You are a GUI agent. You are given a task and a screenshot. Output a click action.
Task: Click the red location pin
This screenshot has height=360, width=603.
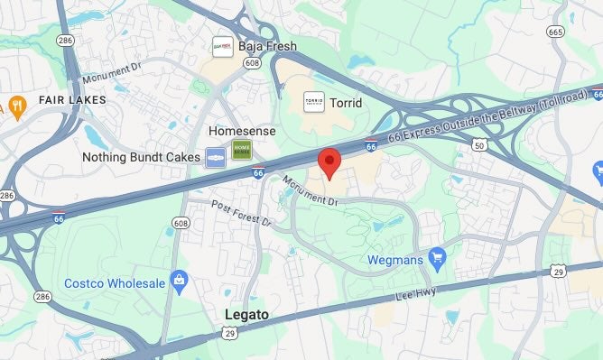[329, 162]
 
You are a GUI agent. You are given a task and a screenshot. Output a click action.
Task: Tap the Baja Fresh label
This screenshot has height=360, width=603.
[267, 46]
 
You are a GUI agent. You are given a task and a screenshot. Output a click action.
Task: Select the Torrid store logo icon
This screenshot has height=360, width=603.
[313, 103]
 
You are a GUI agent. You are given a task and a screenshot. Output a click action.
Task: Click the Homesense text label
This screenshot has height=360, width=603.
[242, 131]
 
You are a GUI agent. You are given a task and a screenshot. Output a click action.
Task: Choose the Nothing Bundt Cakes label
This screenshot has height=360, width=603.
[141, 157]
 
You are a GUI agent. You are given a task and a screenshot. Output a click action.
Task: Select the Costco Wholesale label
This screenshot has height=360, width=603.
[115, 283]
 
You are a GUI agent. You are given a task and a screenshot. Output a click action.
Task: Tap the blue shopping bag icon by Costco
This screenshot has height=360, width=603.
[179, 280]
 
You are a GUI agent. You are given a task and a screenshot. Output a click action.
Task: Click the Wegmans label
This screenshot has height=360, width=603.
[396, 260]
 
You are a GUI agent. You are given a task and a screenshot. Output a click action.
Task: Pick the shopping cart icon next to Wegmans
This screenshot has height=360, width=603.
[438, 259]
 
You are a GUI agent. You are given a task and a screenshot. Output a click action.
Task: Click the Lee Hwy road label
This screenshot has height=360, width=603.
[416, 296]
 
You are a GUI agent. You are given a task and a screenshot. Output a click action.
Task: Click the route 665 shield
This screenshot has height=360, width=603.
[555, 32]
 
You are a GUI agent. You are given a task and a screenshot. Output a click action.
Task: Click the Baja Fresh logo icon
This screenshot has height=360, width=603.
[222, 46]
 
